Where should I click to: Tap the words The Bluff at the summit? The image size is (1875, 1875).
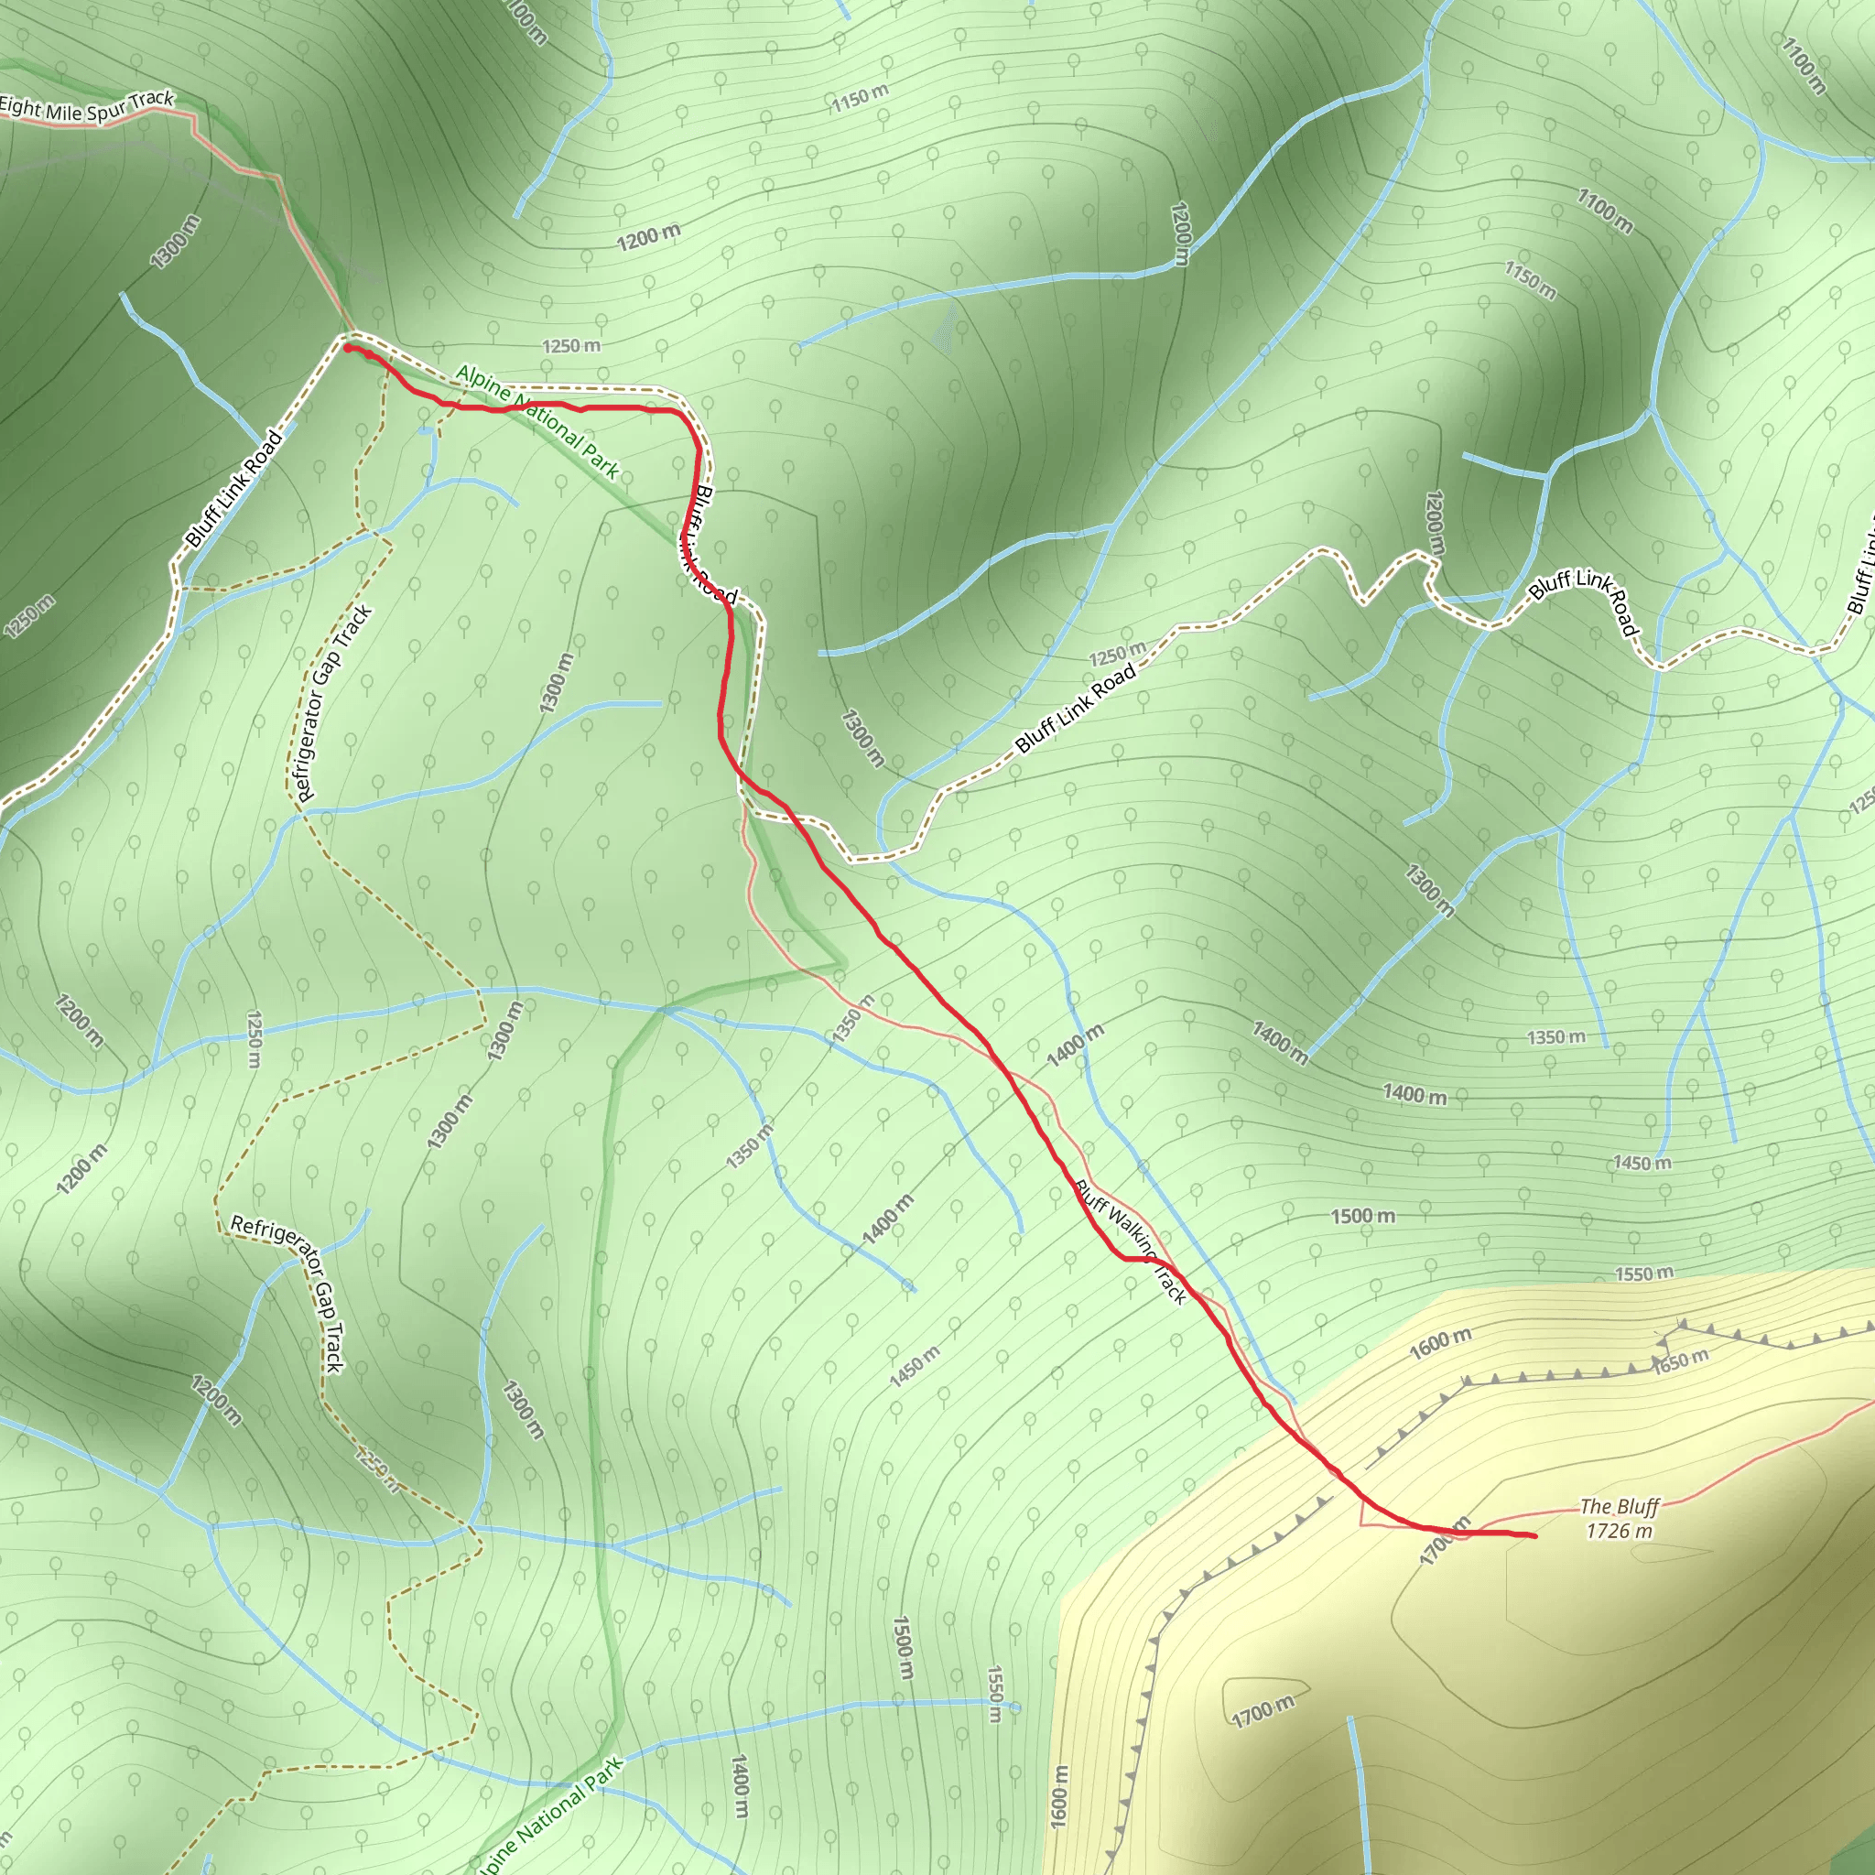click(x=1619, y=1507)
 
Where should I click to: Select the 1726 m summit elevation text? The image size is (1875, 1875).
click(x=1619, y=1532)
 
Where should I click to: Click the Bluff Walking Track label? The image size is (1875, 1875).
click(x=1131, y=1241)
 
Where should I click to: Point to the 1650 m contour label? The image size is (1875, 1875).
click(x=1681, y=1360)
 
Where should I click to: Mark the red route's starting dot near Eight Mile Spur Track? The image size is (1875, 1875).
click(x=347, y=347)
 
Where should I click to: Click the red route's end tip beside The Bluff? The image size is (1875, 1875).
click(x=1534, y=1536)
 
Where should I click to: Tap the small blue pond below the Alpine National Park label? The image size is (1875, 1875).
click(x=425, y=429)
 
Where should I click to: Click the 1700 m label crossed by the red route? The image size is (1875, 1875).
click(x=1445, y=1541)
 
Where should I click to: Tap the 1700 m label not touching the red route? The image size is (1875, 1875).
click(x=1263, y=1712)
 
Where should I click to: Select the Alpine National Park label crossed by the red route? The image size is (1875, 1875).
click(x=536, y=421)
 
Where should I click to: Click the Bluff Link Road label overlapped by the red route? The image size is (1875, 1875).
click(x=706, y=544)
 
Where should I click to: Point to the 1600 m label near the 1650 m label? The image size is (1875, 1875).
click(x=1440, y=1344)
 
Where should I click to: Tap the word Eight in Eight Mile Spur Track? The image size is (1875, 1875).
click(x=18, y=106)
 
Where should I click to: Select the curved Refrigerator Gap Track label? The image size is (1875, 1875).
click(x=287, y=1295)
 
